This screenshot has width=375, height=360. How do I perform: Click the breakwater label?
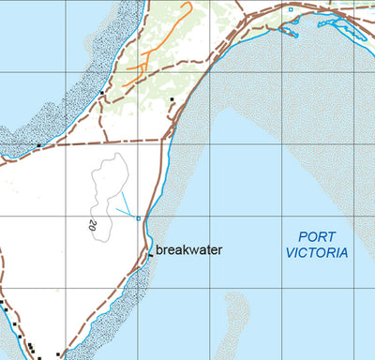[188, 250]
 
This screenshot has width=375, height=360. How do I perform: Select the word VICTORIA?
[318, 253]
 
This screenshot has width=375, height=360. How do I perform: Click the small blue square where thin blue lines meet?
[139, 219]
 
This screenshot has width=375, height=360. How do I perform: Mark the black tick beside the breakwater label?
[150, 253]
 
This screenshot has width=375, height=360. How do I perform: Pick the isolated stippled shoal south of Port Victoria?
[235, 314]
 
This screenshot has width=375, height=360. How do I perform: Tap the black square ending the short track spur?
[172, 98]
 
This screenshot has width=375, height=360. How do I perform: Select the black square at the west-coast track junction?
[101, 93]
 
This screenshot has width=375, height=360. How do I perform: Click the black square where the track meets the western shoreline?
[37, 146]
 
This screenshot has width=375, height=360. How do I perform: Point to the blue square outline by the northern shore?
[291, 9]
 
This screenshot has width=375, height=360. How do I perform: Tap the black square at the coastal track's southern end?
[58, 354]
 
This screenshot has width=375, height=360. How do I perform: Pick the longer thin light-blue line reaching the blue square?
[128, 205]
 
